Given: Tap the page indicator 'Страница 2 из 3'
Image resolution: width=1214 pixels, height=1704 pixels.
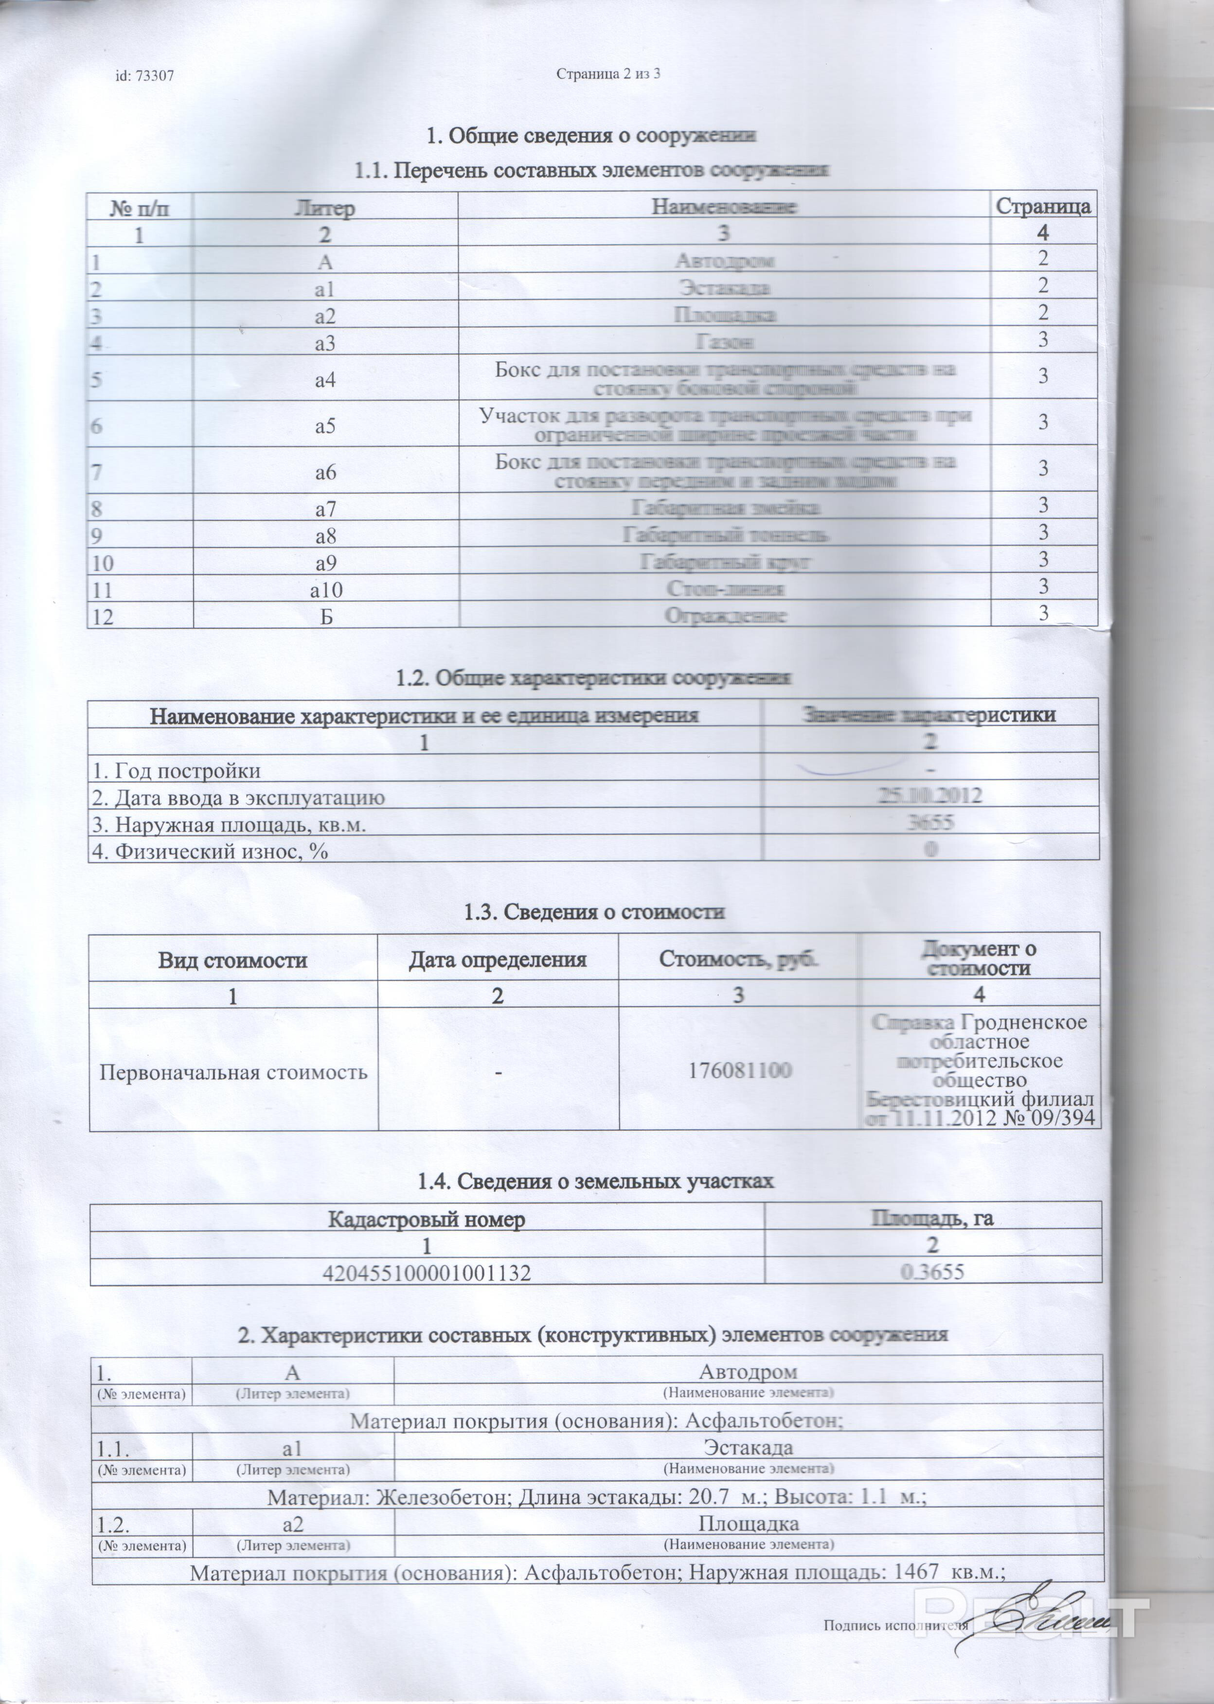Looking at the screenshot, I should tap(609, 74).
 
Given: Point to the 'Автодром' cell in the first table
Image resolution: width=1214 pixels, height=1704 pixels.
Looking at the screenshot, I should tap(724, 261).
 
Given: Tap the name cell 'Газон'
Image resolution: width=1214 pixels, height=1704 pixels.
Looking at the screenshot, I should tap(724, 341).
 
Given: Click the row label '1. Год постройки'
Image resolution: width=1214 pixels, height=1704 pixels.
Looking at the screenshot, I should tap(177, 770).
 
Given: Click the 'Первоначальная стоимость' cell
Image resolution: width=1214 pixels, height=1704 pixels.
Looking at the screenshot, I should tap(234, 1072).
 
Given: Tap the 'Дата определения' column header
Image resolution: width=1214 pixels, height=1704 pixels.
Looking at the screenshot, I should tap(498, 959).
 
